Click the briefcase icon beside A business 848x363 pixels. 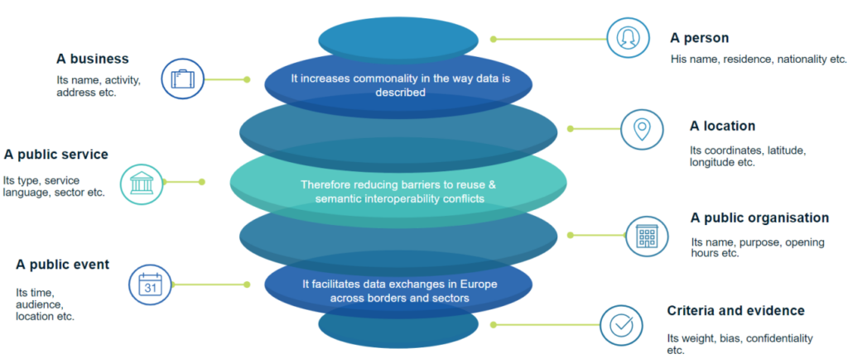click(182, 79)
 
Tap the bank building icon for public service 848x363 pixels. click(141, 184)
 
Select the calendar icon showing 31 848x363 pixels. click(150, 285)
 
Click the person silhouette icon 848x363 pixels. click(627, 38)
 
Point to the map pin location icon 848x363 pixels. click(641, 129)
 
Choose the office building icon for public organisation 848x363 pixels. click(646, 236)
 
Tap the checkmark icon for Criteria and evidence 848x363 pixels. click(621, 325)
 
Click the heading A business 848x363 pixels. click(92, 59)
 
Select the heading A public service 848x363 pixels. click(55, 155)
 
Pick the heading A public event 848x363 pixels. click(62, 265)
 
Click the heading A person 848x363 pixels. click(699, 38)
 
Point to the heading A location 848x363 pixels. click(722, 126)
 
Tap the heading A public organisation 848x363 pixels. click(759, 218)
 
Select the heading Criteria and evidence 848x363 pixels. click(735, 311)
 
